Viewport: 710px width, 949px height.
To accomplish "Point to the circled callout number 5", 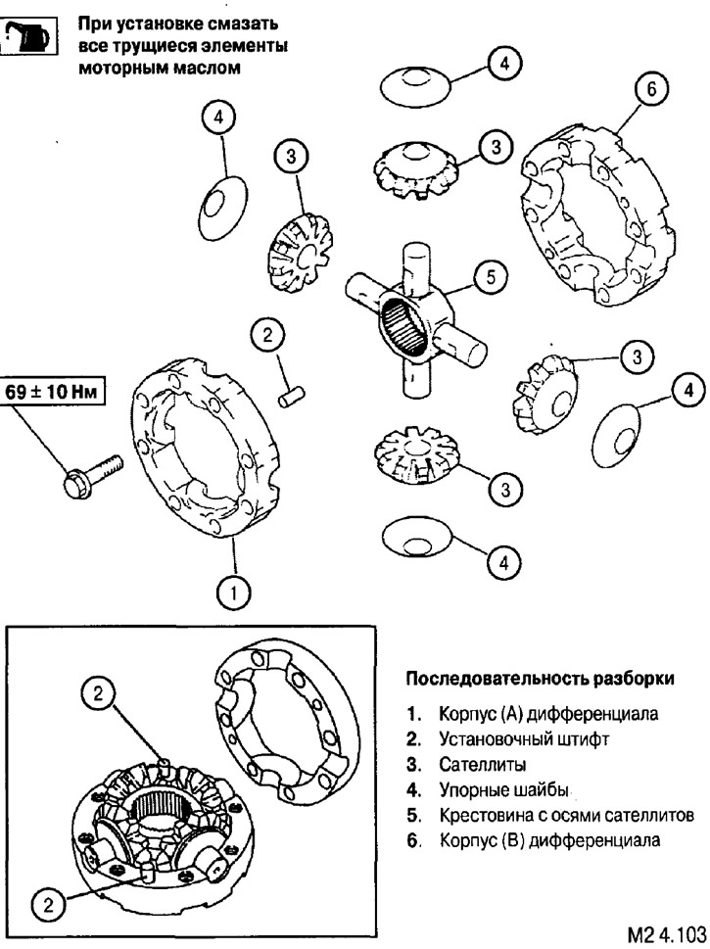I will click(491, 276).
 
